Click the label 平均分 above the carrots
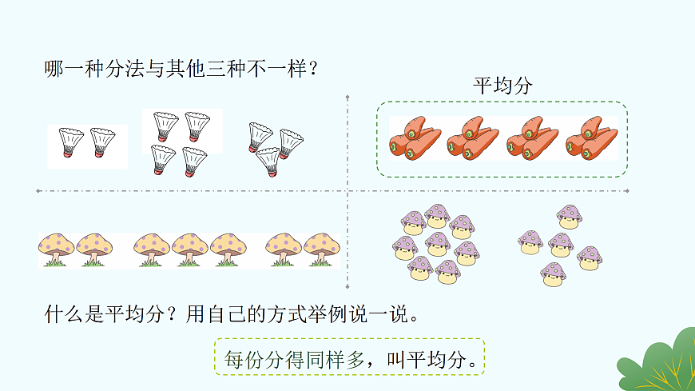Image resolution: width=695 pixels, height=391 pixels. tap(502, 86)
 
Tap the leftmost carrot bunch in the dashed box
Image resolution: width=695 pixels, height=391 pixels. tap(413, 138)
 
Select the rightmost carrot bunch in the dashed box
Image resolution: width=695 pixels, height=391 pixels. tap(591, 138)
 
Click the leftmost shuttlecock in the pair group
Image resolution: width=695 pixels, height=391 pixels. tap(71, 143)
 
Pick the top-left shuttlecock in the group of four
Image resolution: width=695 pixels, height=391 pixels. tap(165, 126)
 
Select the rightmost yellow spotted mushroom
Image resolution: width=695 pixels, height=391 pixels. tap(322, 249)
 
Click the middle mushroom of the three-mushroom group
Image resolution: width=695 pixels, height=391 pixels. tap(189, 249)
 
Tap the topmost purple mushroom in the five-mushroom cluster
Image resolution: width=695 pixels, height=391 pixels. tap(569, 216)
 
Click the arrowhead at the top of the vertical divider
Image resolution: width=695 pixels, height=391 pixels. tap(348, 98)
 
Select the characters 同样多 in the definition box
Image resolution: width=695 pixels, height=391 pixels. tap(334, 358)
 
